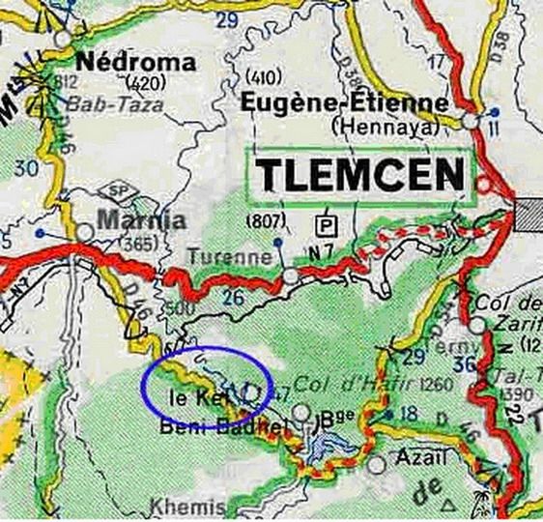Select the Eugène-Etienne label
point(345,102)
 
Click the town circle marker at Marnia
point(86,233)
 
